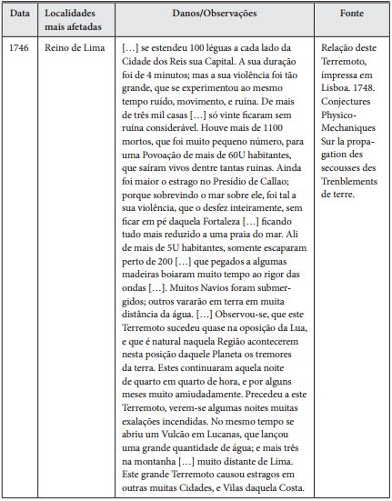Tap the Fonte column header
click(351, 16)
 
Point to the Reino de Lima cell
click(70, 46)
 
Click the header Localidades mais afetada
click(73, 22)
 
